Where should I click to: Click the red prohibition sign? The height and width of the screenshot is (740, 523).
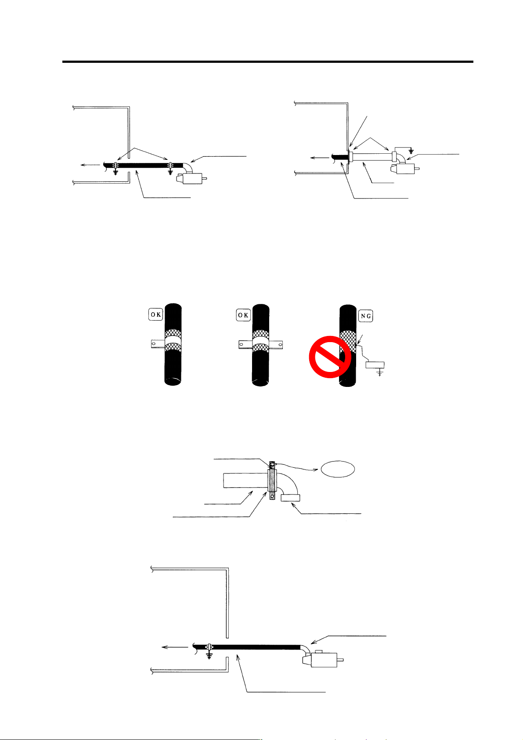330,357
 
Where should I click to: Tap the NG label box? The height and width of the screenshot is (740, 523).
365,316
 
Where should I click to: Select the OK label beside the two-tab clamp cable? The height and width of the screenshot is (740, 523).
243,315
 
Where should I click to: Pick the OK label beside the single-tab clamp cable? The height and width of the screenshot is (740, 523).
155,314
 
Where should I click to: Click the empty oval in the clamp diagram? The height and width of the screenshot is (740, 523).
338,469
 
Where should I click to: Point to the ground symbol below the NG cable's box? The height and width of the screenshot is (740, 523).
380,373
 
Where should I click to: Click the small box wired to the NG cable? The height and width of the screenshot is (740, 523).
375,365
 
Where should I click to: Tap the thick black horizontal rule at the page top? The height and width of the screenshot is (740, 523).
267,61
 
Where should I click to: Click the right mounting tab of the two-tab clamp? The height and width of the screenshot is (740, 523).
277,345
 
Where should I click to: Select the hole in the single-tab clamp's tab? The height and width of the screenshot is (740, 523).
153,344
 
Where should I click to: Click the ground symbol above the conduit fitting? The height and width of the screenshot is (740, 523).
411,152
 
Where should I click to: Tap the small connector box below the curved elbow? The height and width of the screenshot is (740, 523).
290,497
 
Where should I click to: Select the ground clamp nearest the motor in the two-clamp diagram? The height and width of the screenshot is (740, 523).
170,167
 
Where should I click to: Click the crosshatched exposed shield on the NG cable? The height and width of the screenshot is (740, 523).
348,341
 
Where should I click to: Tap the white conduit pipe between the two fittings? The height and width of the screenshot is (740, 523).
373,157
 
